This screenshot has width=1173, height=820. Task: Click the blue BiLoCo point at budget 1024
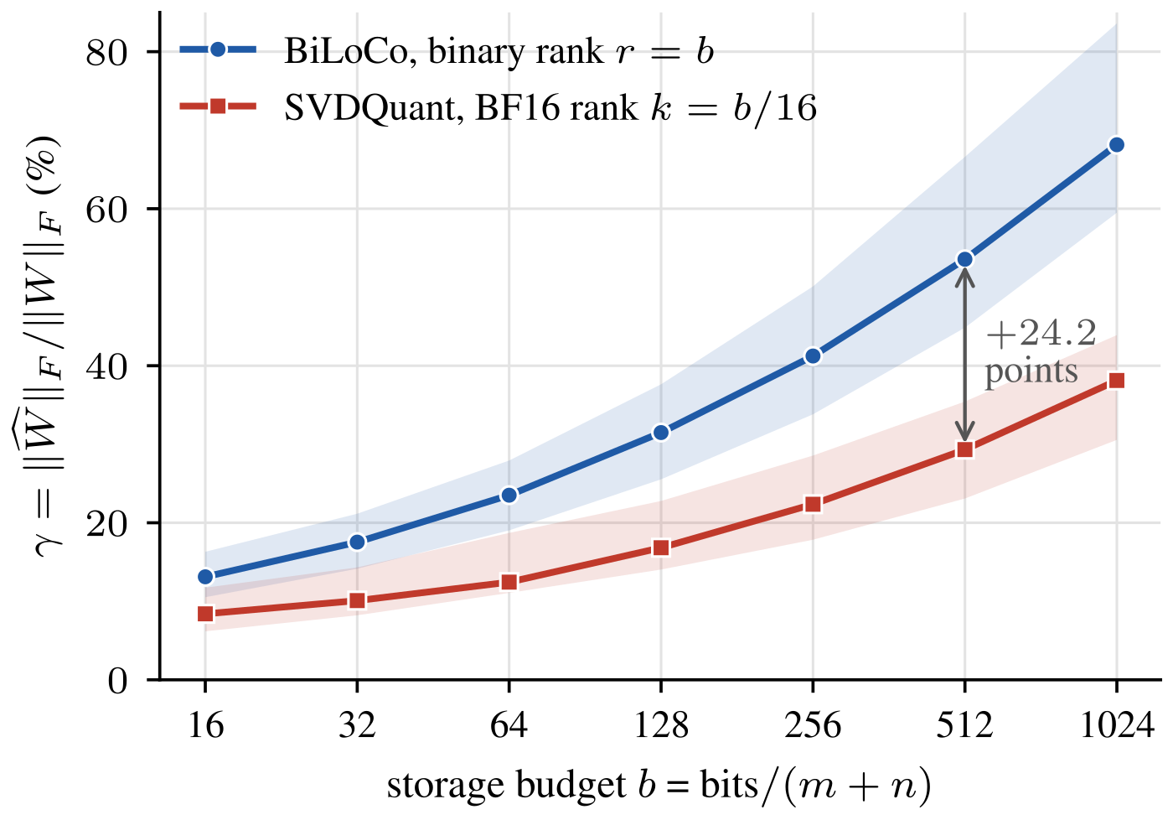1116,145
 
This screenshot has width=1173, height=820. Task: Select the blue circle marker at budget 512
964,259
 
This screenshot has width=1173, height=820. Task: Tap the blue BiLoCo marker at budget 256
813,356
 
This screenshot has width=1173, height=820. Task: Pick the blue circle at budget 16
206,577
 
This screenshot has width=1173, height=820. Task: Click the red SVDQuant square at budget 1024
1116,381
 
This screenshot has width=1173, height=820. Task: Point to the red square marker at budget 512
964,449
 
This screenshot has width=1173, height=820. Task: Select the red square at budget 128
661,548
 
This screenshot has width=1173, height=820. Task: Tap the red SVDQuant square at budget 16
206,614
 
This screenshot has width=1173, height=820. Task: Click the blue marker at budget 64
509,496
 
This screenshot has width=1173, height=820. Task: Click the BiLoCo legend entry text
499,52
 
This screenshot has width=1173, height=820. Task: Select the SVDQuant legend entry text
550,108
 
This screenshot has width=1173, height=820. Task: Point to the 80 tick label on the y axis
107,53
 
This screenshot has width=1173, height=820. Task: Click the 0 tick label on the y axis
118,682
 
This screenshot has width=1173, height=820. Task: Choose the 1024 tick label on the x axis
1116,726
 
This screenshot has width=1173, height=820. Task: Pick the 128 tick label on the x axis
661,726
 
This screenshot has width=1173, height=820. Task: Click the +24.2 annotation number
1041,334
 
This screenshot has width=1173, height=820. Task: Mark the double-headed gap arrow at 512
964,355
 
